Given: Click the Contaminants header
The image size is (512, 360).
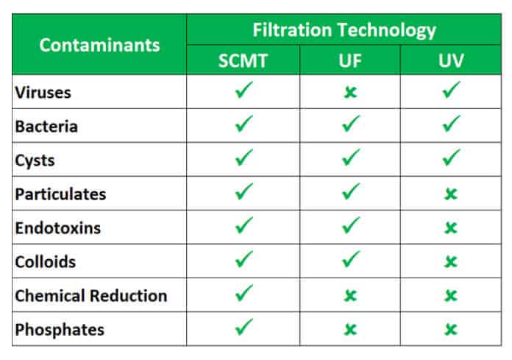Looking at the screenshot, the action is [x=99, y=45].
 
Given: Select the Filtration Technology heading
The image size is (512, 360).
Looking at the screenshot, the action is [x=344, y=30].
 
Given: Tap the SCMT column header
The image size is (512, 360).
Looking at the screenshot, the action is [x=243, y=61].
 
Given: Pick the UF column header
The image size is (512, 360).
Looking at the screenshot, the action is [x=350, y=61].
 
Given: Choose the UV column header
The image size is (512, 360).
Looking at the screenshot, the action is [x=451, y=61].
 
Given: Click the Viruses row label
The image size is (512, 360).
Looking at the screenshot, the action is [x=43, y=93].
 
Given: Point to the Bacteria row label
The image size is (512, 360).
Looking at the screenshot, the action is [x=46, y=127].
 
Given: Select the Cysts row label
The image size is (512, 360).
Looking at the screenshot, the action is [x=35, y=160].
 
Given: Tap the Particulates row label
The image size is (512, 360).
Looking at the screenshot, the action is [x=60, y=194].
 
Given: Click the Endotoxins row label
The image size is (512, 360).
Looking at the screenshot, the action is [x=58, y=228].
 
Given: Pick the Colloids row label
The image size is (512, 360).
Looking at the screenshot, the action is [x=46, y=261].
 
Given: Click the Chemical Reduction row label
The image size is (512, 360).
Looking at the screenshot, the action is [x=91, y=296].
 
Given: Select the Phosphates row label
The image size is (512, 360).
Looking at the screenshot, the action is [x=60, y=330].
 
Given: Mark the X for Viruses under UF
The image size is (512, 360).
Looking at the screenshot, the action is [x=350, y=93].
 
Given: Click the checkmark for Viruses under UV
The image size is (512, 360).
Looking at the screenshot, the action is [x=451, y=90].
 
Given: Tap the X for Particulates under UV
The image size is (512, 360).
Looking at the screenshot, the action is [x=451, y=194].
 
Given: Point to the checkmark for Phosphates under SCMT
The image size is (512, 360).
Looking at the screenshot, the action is [x=244, y=326].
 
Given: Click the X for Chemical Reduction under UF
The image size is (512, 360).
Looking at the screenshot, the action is [x=350, y=296].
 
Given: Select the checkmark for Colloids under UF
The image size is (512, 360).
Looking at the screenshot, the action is [x=351, y=258].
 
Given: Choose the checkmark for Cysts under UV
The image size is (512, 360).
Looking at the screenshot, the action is [x=451, y=157].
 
